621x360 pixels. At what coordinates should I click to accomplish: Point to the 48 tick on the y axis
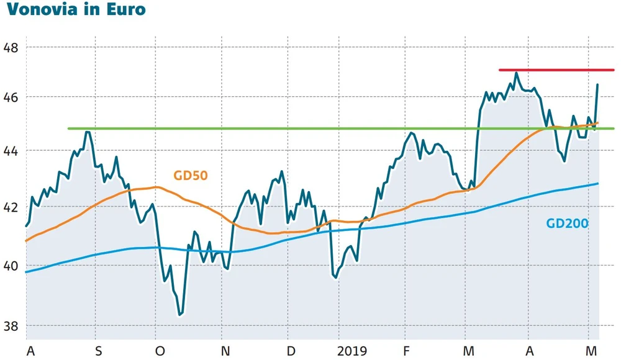click(x=11, y=48)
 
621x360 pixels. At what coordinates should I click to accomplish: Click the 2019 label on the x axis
click(x=353, y=351)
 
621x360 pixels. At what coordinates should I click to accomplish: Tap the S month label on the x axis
click(x=97, y=351)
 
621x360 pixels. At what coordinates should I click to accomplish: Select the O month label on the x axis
click(x=160, y=351)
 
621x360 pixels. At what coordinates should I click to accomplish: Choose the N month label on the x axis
click(x=225, y=351)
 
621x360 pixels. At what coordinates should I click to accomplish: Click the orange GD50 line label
click(x=190, y=176)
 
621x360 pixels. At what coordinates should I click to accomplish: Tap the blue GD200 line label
click(x=567, y=223)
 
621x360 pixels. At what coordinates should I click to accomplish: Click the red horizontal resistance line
click(x=556, y=70)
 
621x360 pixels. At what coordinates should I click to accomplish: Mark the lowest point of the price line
click(x=180, y=315)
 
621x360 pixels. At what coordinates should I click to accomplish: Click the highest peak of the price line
click(x=515, y=73)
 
